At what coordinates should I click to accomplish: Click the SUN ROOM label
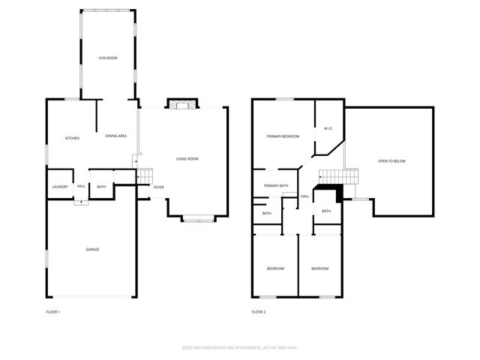click(108, 58)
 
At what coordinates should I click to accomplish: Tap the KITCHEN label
click(72, 138)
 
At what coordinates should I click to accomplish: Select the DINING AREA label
click(115, 136)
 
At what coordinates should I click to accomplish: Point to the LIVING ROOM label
click(187, 159)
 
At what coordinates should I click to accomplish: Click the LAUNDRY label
click(60, 187)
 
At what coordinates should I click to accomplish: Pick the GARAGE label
click(92, 250)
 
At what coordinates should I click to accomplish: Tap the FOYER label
click(159, 187)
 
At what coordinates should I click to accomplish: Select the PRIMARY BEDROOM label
click(283, 136)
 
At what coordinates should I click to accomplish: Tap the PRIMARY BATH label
click(276, 186)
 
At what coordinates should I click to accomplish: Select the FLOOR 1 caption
click(53, 311)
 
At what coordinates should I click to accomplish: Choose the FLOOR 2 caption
click(259, 311)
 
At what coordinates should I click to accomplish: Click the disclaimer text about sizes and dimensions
click(240, 347)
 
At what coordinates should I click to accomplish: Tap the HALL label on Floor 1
click(81, 187)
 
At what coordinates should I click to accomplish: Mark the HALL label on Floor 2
click(304, 196)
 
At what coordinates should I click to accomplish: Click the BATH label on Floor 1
click(101, 187)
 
